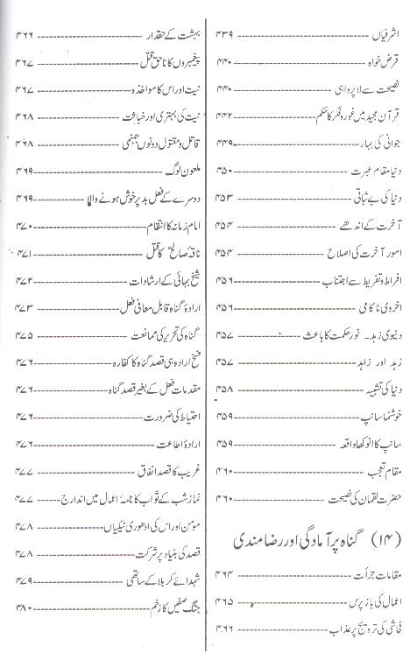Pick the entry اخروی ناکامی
pyautogui.click(x=371, y=308)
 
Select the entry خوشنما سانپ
pyautogui.click(x=373, y=418)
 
